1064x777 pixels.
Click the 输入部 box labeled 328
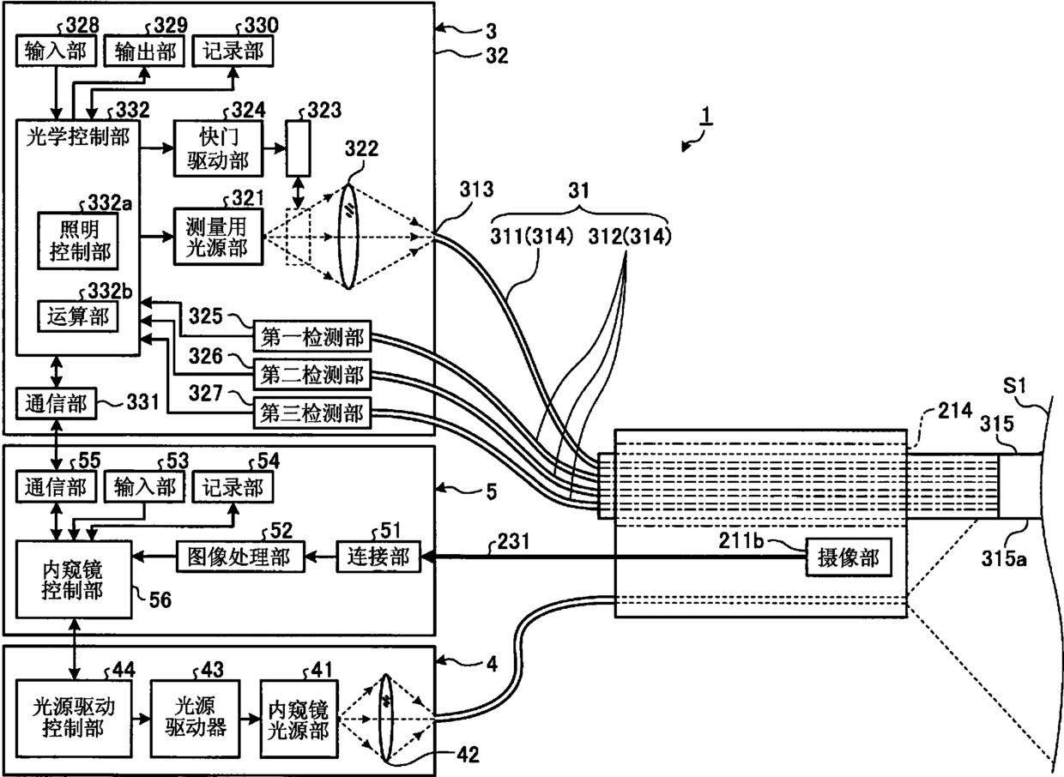pos(56,51)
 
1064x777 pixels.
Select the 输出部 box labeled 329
pos(144,51)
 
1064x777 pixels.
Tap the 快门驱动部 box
pos(218,148)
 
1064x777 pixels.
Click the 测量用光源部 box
pos(218,237)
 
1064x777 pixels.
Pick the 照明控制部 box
pos(78,241)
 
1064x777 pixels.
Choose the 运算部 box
pos(78,316)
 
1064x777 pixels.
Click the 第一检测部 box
pos(312,336)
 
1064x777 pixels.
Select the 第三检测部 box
pos(312,413)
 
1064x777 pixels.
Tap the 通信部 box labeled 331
pos(56,403)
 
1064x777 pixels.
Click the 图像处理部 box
pos(240,557)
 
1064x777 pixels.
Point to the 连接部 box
pos(378,557)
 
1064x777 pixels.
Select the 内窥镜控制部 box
pos(74,580)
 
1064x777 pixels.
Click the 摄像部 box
pos(849,557)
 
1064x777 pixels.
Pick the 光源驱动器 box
pos(196,719)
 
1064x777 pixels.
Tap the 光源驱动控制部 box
pos(74,719)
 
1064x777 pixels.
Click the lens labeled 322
pos(348,237)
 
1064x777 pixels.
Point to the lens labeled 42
pos(386,719)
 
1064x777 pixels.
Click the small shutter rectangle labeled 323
pos(299,148)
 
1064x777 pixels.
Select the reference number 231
pos(513,541)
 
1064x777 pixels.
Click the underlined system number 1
pos(707,115)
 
